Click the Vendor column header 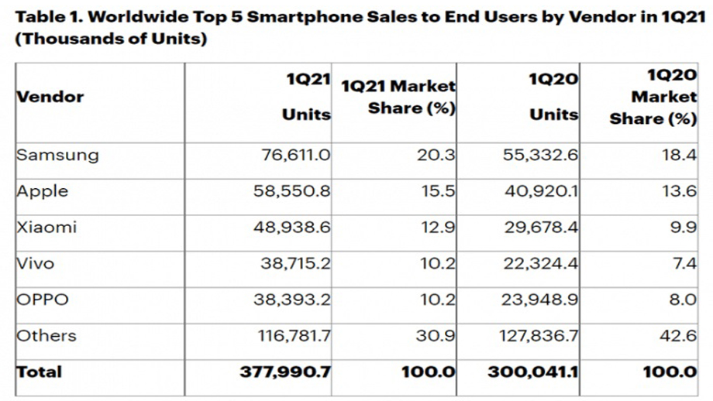[50, 98]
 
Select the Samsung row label [57, 155]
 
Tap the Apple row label [43, 191]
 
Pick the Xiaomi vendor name [46, 228]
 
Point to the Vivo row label [36, 263]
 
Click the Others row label [46, 335]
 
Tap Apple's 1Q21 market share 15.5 [439, 191]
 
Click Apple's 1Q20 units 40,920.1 [539, 191]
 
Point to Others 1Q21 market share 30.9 [437, 335]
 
